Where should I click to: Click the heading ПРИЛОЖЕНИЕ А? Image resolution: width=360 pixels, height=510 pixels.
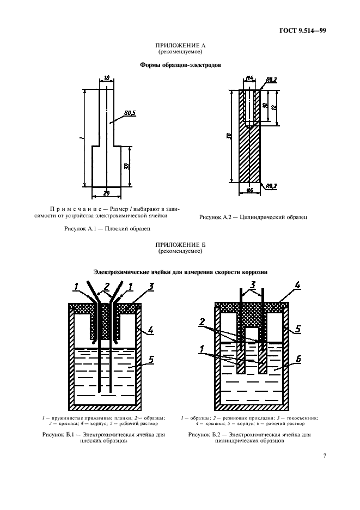(x=180, y=46)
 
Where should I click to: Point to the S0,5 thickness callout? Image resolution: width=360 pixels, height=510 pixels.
(x=130, y=113)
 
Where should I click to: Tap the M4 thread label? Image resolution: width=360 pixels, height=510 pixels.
(x=250, y=79)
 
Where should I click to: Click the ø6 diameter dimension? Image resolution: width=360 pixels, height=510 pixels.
(x=250, y=190)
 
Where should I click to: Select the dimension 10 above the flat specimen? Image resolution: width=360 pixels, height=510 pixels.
(x=106, y=78)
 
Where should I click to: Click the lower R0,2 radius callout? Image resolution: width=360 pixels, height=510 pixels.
(x=271, y=186)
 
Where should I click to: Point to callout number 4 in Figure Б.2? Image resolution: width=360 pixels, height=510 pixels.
(x=297, y=285)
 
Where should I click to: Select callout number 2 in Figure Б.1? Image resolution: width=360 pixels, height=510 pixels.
(x=107, y=286)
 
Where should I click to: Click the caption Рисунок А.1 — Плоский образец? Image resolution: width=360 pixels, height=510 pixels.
(x=107, y=229)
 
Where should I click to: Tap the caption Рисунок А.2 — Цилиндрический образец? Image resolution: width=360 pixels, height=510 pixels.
(x=253, y=217)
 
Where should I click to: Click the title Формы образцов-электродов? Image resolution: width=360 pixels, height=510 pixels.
(x=180, y=64)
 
